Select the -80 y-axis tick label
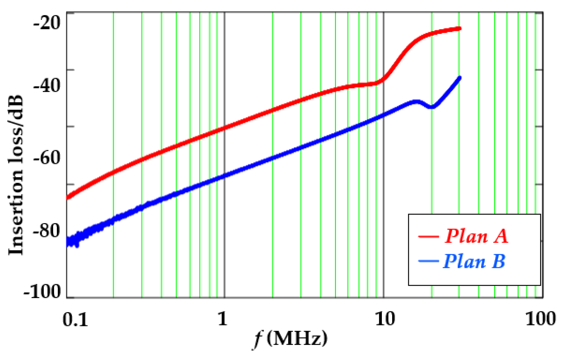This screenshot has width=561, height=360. click(x=47, y=231)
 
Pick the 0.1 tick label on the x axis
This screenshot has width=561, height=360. click(x=75, y=319)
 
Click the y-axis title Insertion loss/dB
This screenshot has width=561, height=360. click(x=16, y=175)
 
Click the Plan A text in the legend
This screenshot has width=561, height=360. click(x=476, y=236)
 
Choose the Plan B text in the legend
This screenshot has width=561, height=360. click(x=474, y=261)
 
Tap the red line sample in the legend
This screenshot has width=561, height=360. click(x=428, y=236)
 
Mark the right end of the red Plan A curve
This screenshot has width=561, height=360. click(x=460, y=28)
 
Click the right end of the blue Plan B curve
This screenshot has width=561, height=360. click(x=460, y=78)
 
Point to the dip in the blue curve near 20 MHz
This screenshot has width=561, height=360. click(x=432, y=107)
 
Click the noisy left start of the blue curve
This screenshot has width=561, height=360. click(x=73, y=240)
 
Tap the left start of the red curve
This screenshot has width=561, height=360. click(x=68, y=197)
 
